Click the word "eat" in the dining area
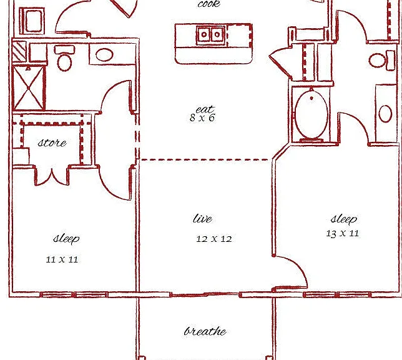205,109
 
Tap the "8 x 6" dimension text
202,118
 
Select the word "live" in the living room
202,219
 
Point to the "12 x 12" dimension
214,239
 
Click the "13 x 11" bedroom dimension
343,233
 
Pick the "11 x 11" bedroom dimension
62,259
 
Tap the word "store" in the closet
52,142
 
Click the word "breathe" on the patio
205,331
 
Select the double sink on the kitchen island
211,35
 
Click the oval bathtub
311,114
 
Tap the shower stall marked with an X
29,88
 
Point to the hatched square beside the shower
19,51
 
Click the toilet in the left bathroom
64,58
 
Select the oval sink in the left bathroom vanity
104,54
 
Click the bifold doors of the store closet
52,177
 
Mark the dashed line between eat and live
206,160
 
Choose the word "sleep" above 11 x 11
66,239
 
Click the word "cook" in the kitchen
209,4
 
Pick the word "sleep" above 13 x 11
344,219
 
